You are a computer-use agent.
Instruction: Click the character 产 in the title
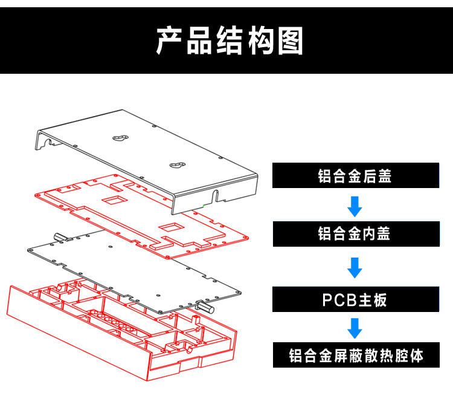(x=169, y=41)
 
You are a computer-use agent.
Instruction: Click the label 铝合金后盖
(x=355, y=176)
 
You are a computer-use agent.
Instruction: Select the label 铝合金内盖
(x=355, y=233)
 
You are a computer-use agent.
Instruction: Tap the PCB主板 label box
(x=355, y=299)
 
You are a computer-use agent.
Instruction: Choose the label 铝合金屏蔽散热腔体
(x=355, y=355)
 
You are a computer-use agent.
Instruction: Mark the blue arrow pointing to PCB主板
(x=355, y=267)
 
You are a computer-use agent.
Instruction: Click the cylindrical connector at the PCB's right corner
(x=204, y=307)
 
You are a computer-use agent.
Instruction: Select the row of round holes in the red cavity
(x=112, y=320)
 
